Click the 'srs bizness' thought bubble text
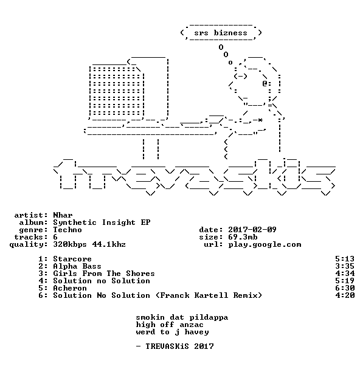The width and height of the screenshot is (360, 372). click(x=221, y=33)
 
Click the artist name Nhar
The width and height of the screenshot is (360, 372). click(x=63, y=215)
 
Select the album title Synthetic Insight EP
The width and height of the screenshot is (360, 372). click(x=102, y=222)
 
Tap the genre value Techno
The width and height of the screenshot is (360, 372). click(x=67, y=230)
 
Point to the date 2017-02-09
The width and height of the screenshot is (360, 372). click(x=252, y=230)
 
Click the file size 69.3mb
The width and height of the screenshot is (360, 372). click(x=243, y=237)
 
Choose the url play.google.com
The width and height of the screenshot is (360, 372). click(x=265, y=244)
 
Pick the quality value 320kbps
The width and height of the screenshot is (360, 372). click(x=70, y=244)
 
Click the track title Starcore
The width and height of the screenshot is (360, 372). click(x=72, y=259)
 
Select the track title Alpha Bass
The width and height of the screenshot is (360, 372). click(x=77, y=266)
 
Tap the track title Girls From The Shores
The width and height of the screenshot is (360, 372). click(x=104, y=274)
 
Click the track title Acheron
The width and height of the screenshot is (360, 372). click(x=70, y=288)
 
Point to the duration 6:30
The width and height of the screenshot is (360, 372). click(x=345, y=288)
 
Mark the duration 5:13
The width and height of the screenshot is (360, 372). click(x=345, y=259)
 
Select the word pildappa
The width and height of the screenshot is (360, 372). click(x=209, y=318)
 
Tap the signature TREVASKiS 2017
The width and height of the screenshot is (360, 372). click(x=179, y=346)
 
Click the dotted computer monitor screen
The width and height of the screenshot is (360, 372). click(x=116, y=92)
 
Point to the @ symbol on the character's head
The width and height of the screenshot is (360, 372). click(x=265, y=83)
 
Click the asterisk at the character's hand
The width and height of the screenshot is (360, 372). click(x=260, y=120)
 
